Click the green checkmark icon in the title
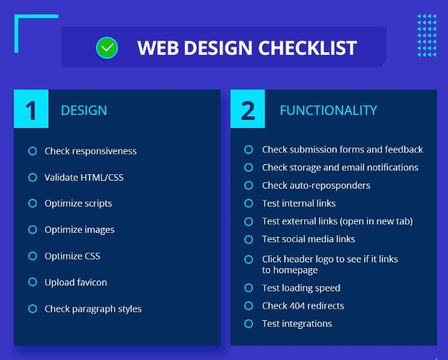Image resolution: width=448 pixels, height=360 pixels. (x=107, y=48)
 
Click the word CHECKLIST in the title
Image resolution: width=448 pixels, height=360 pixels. (x=307, y=48)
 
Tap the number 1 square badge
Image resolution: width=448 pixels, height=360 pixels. (x=31, y=108)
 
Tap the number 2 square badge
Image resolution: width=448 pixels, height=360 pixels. (x=247, y=108)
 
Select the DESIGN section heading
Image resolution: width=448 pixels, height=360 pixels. (x=84, y=111)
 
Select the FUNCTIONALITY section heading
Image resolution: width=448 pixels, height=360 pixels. (x=328, y=111)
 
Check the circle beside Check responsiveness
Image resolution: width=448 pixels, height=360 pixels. (x=33, y=151)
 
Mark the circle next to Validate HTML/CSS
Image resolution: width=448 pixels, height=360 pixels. (x=33, y=177)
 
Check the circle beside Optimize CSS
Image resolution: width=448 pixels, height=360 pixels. (x=33, y=256)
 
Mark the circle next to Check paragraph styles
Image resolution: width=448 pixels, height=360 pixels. (x=33, y=309)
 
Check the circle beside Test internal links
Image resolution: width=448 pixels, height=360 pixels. (x=249, y=203)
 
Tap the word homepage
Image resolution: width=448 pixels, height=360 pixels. (x=295, y=270)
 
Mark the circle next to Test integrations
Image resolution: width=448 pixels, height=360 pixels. (x=249, y=324)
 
